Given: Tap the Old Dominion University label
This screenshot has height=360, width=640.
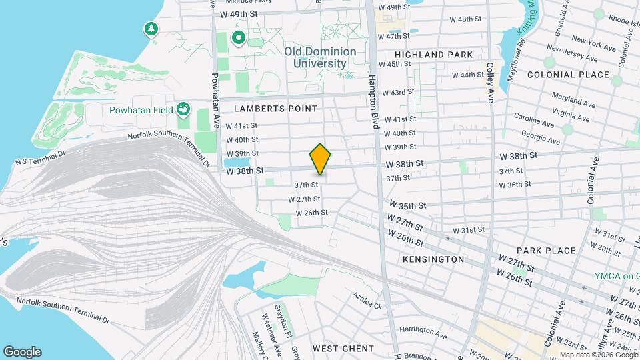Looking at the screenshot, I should coord(320,57).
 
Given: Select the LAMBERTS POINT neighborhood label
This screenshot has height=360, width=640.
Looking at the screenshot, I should coord(275,108).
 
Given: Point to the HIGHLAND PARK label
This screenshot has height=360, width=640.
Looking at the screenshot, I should coord(433,55).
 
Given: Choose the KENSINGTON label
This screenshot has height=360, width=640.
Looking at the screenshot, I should coord(433,259).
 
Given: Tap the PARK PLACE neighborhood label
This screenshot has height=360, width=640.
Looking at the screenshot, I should coord(545,251).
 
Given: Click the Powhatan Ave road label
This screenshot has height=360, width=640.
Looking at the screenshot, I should coord(215,100).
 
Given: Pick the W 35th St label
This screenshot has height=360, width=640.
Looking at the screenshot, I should coord(403,206).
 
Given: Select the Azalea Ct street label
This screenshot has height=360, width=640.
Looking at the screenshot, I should coord(367,305).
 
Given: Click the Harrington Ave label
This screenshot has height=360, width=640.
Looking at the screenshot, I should coord(423,330).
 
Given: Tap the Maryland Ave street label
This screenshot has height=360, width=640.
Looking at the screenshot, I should coord(573,100).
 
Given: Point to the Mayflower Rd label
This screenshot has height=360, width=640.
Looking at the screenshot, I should coord(517,60).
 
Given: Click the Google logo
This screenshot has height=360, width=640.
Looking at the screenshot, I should coord(22,351).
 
